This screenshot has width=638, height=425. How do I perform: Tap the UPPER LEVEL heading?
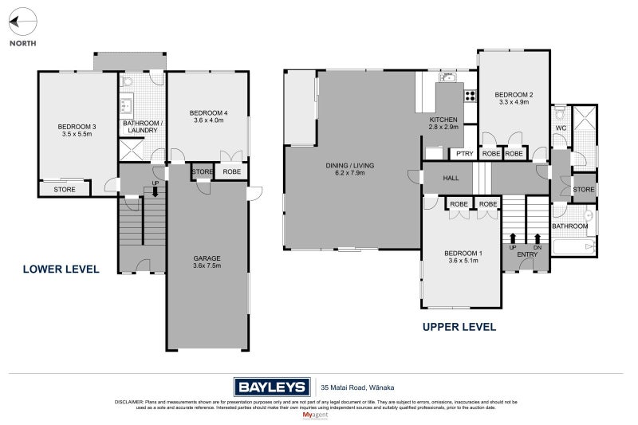pos(459,326)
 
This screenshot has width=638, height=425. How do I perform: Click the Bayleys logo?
pos(271,387)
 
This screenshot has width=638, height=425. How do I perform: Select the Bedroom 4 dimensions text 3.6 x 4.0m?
pos(210,120)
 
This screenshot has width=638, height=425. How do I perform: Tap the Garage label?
pos(207,258)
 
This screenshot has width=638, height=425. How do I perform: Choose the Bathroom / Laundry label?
pos(142,127)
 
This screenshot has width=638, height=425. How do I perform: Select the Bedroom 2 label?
pos(514,95)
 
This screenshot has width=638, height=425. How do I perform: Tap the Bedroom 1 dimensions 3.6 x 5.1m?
pos(462,261)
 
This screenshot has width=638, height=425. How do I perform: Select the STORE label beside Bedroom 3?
pos(65,190)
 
